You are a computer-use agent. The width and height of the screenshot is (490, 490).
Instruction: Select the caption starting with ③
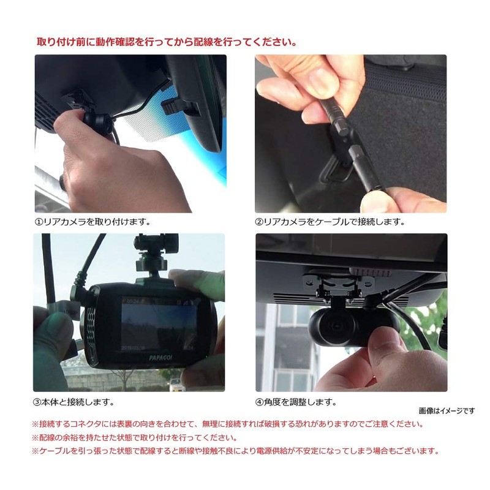pyautogui.click(x=73, y=402)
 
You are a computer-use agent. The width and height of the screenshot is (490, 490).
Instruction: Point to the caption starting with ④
pyautogui.click(x=298, y=402)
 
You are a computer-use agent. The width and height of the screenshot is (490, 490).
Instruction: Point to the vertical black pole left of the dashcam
pyautogui.click(x=48, y=269)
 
